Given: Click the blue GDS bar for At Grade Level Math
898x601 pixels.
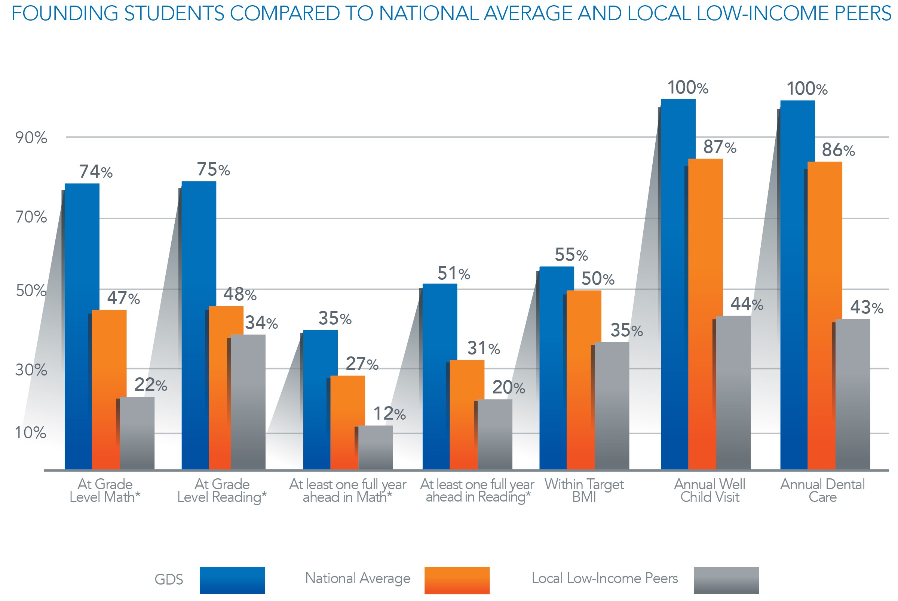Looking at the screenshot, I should (82, 326).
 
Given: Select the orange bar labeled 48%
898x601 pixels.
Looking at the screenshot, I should (226, 387).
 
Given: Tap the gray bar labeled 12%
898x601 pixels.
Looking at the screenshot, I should (375, 447).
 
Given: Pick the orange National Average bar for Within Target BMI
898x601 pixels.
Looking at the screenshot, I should (583, 380).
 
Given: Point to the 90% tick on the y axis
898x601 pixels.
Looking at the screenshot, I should (31, 138).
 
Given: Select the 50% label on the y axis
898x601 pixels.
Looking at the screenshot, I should (31, 291).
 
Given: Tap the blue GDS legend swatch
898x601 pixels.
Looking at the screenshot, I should (232, 580).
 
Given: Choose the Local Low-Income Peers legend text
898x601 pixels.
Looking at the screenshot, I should (604, 578).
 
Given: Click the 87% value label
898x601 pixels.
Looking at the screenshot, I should (719, 147).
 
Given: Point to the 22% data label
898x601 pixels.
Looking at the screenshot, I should (151, 384).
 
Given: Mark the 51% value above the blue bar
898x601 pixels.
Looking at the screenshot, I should (453, 274).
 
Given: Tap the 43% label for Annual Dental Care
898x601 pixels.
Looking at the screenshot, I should (866, 307).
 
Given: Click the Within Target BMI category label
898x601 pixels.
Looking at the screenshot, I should (584, 490).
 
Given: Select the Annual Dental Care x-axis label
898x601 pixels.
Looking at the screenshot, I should (822, 490).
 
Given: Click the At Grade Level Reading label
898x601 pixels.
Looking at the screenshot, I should (222, 490).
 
